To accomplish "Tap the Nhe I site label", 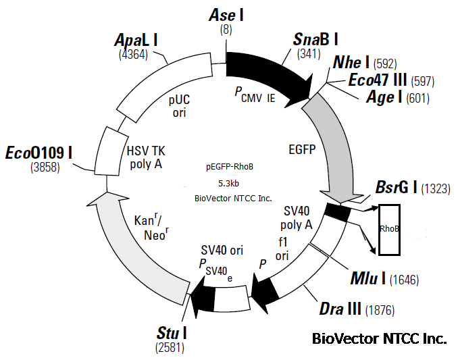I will tap(351, 63).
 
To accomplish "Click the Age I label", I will tap(384, 98).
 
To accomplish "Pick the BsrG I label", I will tap(397, 188).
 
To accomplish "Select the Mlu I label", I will tap(367, 278).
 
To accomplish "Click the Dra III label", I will tap(340, 309).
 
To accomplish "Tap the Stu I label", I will tap(172, 334).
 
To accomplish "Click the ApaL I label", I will tap(135, 40).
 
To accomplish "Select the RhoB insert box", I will tap(389, 229).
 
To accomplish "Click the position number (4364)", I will tap(132, 55).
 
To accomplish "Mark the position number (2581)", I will tap(169, 349).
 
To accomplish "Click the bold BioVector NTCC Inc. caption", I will tap(379, 338).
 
